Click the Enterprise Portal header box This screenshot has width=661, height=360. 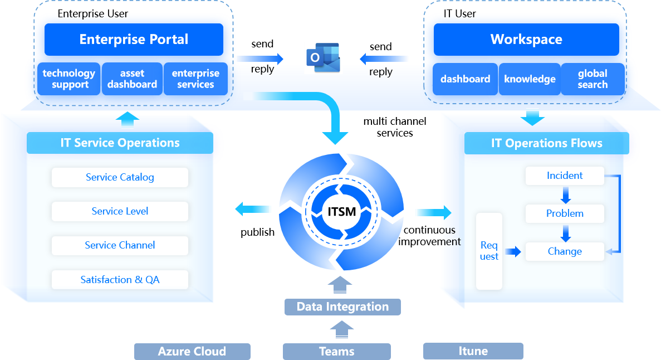tap(134, 40)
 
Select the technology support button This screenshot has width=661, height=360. tap(70, 79)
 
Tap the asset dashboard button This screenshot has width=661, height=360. tap(132, 79)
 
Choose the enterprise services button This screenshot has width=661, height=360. tap(195, 79)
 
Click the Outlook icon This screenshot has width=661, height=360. tap(322, 58)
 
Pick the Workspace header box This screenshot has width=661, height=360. tap(526, 40)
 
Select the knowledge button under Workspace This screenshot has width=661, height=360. tap(530, 79)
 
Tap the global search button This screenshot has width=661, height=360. tap(593, 79)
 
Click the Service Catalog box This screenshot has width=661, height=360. tap(120, 178)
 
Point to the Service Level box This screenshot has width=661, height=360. tap(120, 212)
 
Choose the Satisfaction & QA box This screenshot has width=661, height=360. tap(120, 280)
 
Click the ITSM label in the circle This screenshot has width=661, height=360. tap(341, 212)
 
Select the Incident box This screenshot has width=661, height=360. tap(565, 176)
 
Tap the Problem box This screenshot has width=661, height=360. tap(565, 214)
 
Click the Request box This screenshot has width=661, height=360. tap(489, 251)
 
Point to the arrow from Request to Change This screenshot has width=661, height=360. tap(513, 252)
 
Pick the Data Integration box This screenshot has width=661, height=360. tap(342, 307)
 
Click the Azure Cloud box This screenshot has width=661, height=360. tap(192, 352)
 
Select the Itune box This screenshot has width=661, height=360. tap(473, 351)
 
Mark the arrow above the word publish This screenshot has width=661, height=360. tap(254, 210)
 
